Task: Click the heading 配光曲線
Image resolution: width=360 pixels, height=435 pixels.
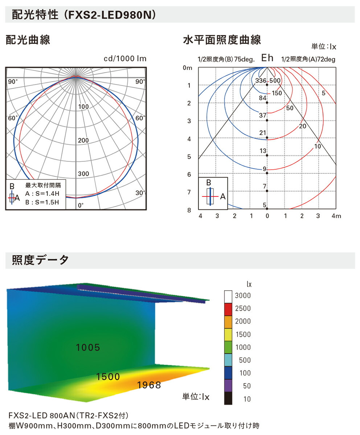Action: pyautogui.click(x=28, y=40)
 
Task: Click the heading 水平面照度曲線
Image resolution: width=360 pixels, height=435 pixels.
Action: pyautogui.click(x=222, y=40)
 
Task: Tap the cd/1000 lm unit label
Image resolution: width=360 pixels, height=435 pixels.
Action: pyautogui.click(x=125, y=59)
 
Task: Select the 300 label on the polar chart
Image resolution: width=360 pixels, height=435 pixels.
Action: pyautogui.click(x=83, y=174)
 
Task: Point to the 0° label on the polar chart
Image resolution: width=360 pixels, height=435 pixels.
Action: pyautogui.click(x=81, y=205)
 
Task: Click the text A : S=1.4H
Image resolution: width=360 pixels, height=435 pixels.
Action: pyautogui.click(x=42, y=194)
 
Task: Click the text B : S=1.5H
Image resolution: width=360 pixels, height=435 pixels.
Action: pyautogui.click(x=42, y=202)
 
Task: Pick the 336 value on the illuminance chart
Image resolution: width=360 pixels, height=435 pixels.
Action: pyautogui.click(x=261, y=80)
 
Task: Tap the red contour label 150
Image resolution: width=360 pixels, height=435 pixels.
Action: pyautogui.click(x=277, y=93)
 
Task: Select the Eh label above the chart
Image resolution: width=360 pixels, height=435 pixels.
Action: pyautogui.click(x=267, y=58)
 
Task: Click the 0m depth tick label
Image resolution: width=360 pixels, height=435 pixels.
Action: pyautogui.click(x=188, y=68)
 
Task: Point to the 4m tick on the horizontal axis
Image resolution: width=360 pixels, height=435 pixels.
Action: pyautogui.click(x=336, y=216)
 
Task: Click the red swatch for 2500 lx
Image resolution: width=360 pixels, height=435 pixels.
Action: pyautogui.click(x=228, y=308)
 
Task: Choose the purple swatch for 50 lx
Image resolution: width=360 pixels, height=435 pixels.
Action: pyautogui.click(x=228, y=386)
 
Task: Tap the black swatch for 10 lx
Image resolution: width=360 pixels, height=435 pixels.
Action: pyautogui.click(x=228, y=399)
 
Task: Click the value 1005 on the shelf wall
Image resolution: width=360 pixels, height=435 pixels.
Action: pyautogui.click(x=88, y=348)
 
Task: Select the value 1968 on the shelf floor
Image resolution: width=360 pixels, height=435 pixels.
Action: pyautogui.click(x=149, y=385)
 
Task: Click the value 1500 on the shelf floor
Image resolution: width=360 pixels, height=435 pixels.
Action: pyautogui.click(x=108, y=377)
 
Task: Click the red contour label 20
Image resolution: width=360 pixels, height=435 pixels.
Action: pyautogui.click(x=303, y=126)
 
